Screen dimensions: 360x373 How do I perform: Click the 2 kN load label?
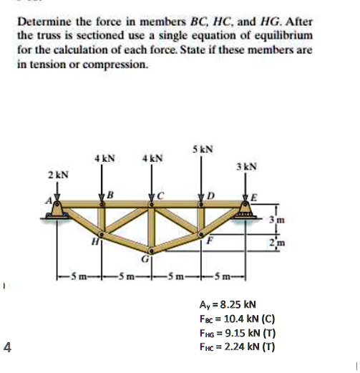pos(58,175)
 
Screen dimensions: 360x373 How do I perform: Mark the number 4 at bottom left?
pos(7,347)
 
